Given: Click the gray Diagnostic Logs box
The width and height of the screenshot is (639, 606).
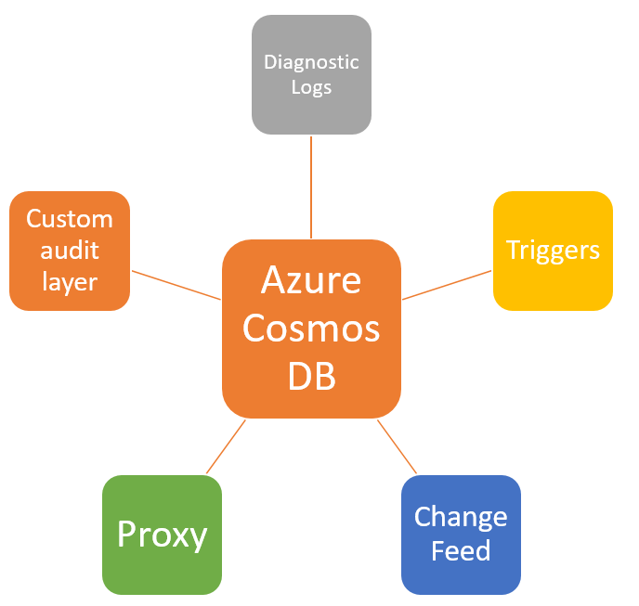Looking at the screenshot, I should (x=311, y=74).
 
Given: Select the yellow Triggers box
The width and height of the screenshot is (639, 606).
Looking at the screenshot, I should (x=553, y=251).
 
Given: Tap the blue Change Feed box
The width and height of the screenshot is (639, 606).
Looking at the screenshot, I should (x=461, y=535).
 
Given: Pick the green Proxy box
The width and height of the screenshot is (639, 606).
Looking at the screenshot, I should (x=162, y=535).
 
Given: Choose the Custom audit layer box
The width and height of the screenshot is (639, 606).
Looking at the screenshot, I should (x=69, y=251).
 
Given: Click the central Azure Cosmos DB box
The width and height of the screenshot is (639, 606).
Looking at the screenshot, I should (x=311, y=329).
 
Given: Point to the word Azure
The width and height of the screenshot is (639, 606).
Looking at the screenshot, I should (x=311, y=279).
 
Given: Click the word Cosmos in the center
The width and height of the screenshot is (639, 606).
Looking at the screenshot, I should (x=311, y=329).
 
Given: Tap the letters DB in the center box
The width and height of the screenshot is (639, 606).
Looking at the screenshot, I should (x=311, y=377).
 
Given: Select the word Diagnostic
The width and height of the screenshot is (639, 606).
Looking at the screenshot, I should (x=311, y=62).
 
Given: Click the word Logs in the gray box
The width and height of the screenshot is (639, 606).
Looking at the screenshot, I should (x=311, y=88).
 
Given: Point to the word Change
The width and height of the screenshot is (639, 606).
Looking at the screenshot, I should (x=461, y=517).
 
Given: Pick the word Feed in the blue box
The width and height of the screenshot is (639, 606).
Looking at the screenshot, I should (x=461, y=551).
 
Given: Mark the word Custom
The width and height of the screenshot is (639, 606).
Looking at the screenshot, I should (x=69, y=219).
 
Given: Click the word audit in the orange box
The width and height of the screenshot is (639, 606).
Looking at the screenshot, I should (x=69, y=251).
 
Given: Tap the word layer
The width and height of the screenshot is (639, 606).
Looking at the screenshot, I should (x=69, y=281).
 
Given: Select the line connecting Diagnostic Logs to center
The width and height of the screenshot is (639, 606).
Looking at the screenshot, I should (x=311, y=186).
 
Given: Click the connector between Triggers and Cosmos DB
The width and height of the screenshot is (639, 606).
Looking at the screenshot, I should (x=447, y=285).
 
